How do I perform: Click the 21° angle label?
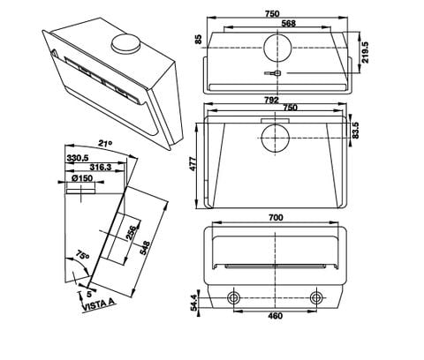coord(105,142)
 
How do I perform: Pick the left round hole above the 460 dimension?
coord(235,297)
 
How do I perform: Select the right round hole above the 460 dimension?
coord(315,297)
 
